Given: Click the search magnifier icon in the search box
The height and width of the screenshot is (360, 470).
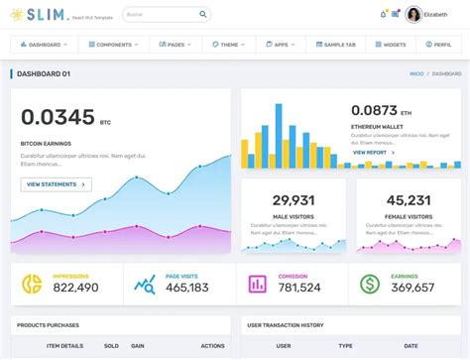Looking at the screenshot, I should pyautogui.click(x=203, y=15).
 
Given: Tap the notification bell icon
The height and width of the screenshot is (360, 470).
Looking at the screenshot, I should pyautogui.click(x=383, y=14).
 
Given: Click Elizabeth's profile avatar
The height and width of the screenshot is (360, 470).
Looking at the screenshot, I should pyautogui.click(x=412, y=14).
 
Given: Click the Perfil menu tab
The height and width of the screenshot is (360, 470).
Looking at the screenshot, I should pyautogui.click(x=438, y=45).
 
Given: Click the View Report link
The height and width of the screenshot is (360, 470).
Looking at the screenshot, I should pyautogui.click(x=371, y=153).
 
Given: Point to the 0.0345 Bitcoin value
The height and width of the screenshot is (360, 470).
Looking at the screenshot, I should pyautogui.click(x=58, y=118).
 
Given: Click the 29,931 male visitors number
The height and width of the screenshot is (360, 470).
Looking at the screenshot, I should pyautogui.click(x=294, y=199).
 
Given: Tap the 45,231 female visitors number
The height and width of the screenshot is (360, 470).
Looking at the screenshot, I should pyautogui.click(x=409, y=199).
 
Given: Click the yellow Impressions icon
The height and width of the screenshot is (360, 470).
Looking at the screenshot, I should pyautogui.click(x=32, y=285).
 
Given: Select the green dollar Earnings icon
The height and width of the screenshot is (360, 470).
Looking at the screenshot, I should pyautogui.click(x=370, y=285).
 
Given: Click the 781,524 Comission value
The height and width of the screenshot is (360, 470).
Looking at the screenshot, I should pyautogui.click(x=298, y=288).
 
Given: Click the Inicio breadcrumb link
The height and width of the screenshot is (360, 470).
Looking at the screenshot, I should pyautogui.click(x=416, y=73).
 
